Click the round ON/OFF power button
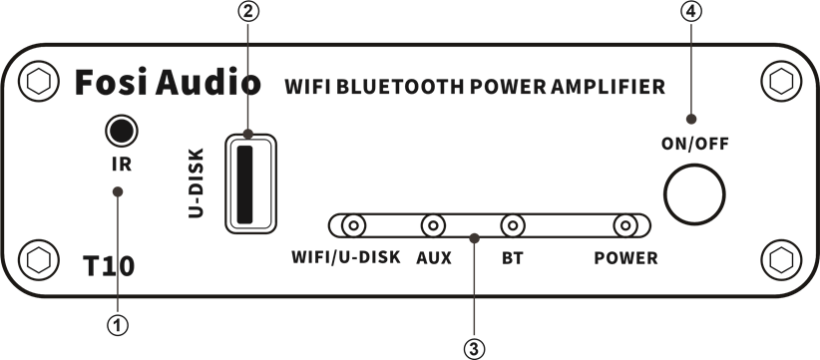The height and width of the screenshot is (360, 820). [x=695, y=192]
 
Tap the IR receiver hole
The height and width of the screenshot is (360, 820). [x=120, y=131]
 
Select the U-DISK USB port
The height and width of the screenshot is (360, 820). [x=249, y=182]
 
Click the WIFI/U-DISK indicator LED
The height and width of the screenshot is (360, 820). [x=350, y=226]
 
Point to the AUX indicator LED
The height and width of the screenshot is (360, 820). [x=433, y=226]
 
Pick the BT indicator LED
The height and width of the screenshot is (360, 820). [x=513, y=226]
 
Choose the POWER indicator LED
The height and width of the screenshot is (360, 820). [x=626, y=226]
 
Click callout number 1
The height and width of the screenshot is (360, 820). [x=119, y=324]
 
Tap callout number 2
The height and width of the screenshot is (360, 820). [x=249, y=13]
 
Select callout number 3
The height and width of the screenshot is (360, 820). [x=475, y=348]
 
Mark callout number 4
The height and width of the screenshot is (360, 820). [x=690, y=13]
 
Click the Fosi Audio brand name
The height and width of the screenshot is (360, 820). [x=168, y=84]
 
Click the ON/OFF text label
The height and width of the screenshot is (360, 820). [x=694, y=144]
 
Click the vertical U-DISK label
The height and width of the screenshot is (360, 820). [x=197, y=183]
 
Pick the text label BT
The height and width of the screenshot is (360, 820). [x=513, y=258]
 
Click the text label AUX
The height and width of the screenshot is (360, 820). [x=433, y=258]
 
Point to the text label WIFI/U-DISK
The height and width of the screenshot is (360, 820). [x=345, y=258]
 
